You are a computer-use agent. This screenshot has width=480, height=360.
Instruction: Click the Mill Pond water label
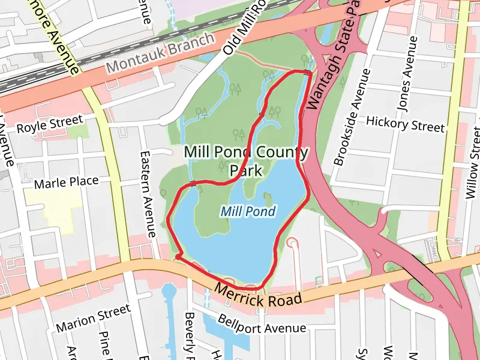(248, 211)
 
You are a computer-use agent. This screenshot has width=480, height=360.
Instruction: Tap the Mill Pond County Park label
(246, 161)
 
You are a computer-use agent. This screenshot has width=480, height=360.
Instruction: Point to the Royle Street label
(49, 125)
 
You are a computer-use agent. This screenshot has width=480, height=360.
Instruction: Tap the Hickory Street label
(405, 124)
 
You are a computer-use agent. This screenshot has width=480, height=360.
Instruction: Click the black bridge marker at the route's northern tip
(307, 73)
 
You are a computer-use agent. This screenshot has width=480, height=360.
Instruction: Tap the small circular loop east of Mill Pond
(292, 242)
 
